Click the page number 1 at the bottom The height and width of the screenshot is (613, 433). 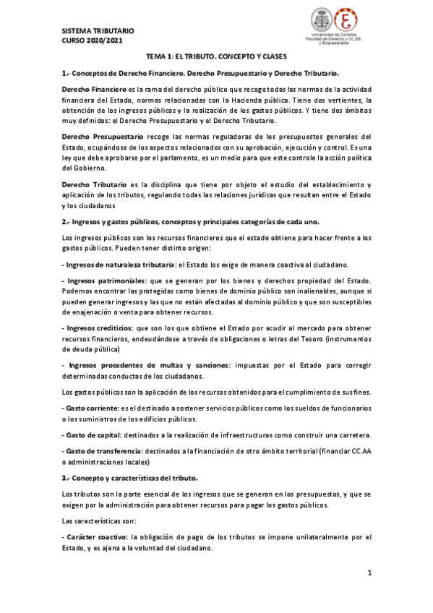tap(369, 573)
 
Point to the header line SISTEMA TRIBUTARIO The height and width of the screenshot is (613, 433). tap(98, 32)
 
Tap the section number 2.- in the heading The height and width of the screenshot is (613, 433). tap(67, 221)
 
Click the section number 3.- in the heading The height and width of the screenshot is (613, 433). tap(67, 478)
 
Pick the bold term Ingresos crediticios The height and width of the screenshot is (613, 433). tap(100, 327)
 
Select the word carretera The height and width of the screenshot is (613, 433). tap(351, 434)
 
